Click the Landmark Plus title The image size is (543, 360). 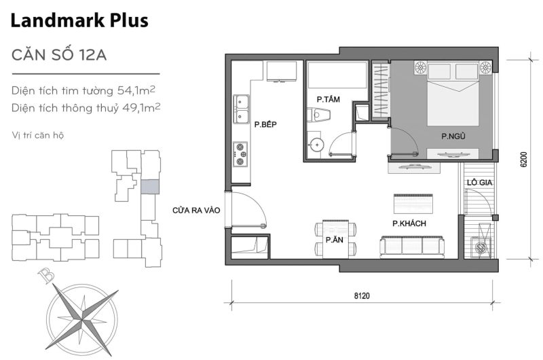79,21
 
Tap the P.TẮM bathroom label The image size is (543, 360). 328,99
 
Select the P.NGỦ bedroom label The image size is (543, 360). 452,137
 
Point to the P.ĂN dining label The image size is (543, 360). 333,240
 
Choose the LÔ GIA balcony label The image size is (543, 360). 479,182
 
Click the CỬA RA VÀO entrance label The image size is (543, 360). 197,211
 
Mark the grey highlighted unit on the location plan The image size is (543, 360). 149,187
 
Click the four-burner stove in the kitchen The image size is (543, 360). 240,154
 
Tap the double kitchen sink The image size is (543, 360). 241,109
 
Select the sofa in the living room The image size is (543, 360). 412,247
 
